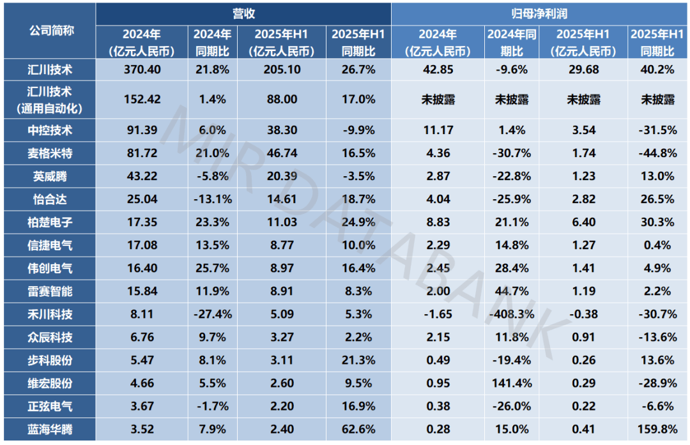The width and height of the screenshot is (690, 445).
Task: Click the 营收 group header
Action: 243,13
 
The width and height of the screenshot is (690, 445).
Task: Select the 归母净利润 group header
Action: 540,13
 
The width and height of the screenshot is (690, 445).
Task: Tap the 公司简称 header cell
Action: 52,29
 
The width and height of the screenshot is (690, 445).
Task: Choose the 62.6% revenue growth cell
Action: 358,430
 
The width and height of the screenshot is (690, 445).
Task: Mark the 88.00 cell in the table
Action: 281,99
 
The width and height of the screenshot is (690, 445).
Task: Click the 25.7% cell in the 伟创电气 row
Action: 211,268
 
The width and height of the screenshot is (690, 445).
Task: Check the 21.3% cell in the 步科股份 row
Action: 358,361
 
